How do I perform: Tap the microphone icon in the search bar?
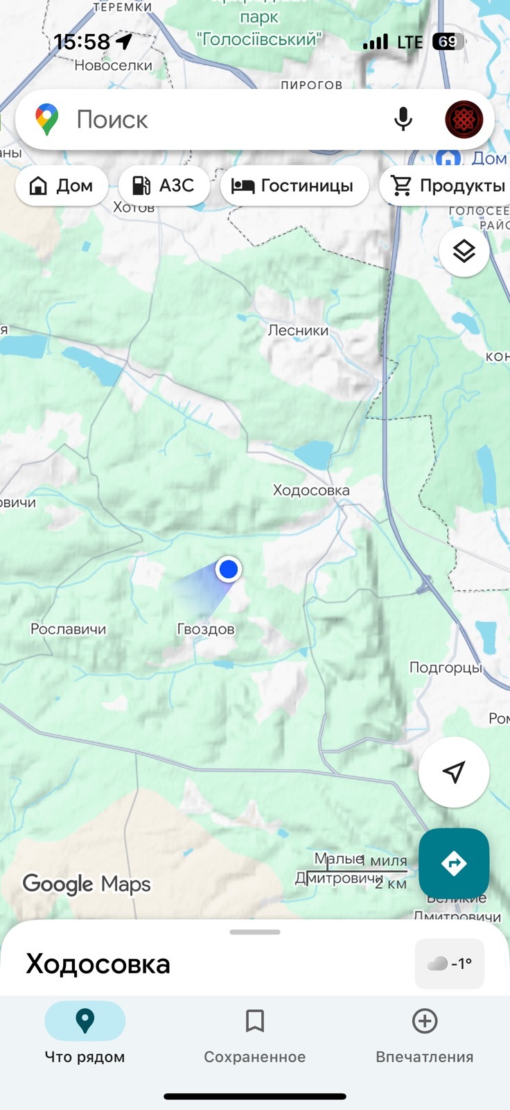403,119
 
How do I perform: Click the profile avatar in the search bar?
464,119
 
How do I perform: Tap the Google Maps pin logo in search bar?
47,119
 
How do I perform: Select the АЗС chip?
164,185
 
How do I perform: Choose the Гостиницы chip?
294,185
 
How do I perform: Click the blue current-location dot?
228,569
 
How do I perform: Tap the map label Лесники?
298,330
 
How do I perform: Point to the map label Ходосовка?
311,490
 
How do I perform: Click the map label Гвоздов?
206,629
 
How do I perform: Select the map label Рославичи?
69,629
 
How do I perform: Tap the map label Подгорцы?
446,667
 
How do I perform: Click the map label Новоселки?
113,65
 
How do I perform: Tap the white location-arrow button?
454,771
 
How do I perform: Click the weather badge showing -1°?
449,963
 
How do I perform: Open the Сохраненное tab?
254,1034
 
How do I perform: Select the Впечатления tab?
424,1034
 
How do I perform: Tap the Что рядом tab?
85,1034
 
